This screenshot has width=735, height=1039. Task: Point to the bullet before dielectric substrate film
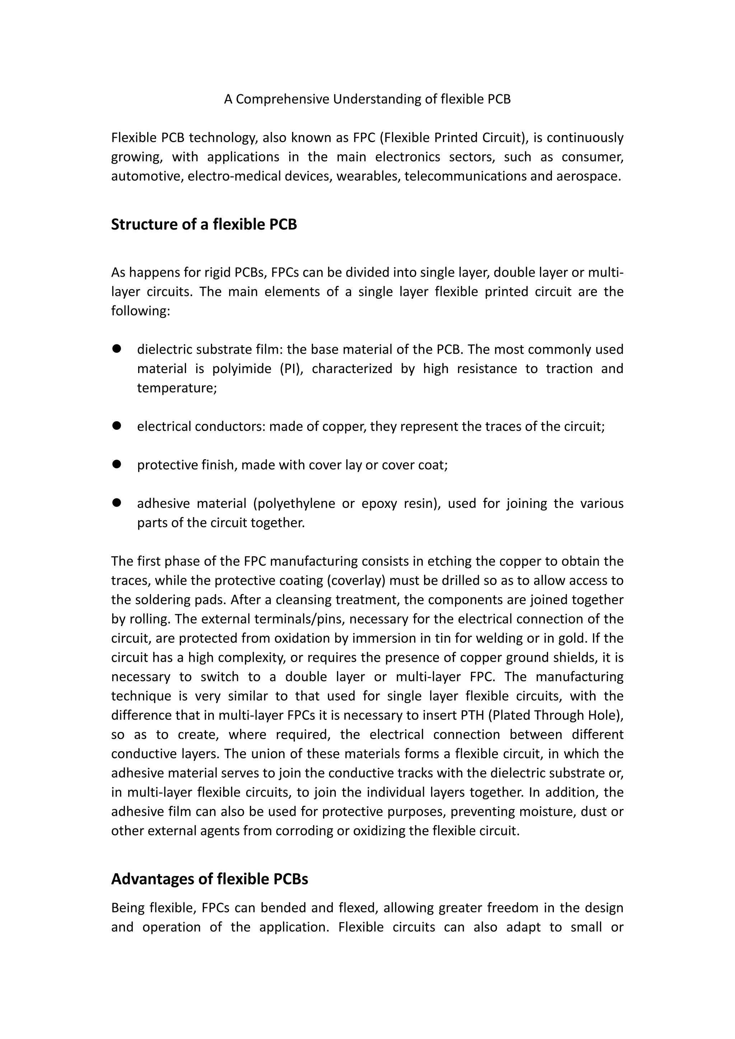click(x=117, y=348)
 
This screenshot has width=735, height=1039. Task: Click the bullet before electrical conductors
click(x=117, y=426)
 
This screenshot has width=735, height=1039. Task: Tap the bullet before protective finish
click(x=117, y=464)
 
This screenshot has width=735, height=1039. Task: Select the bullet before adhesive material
click(x=117, y=502)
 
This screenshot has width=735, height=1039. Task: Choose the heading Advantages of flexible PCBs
click(x=210, y=879)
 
